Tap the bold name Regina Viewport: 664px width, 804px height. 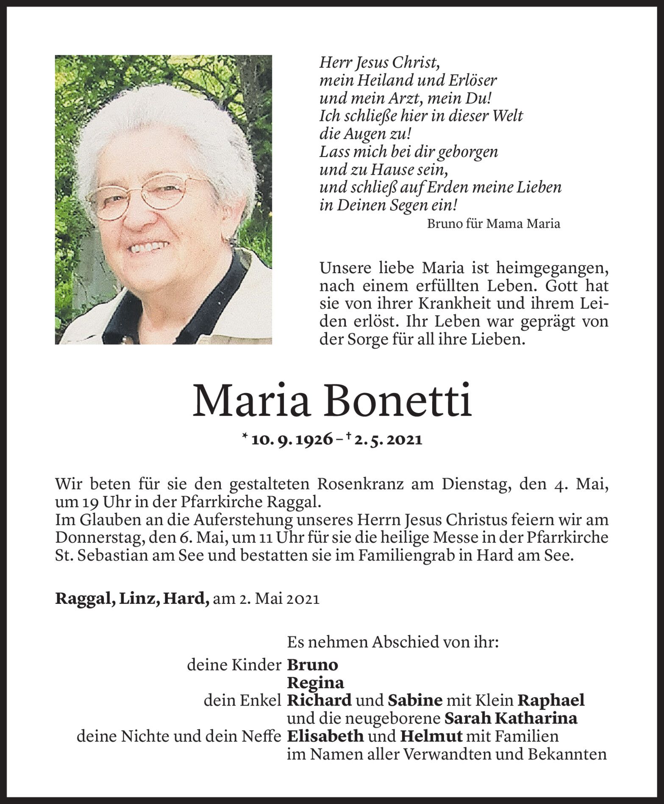coord(315,683)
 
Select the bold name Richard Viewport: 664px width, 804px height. coord(319,700)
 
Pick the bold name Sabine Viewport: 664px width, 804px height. coord(415,700)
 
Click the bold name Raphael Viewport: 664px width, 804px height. coord(551,700)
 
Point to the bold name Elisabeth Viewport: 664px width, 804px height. coord(325,736)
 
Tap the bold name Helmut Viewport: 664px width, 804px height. coord(431,736)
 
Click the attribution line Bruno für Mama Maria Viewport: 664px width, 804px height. coord(493,224)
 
